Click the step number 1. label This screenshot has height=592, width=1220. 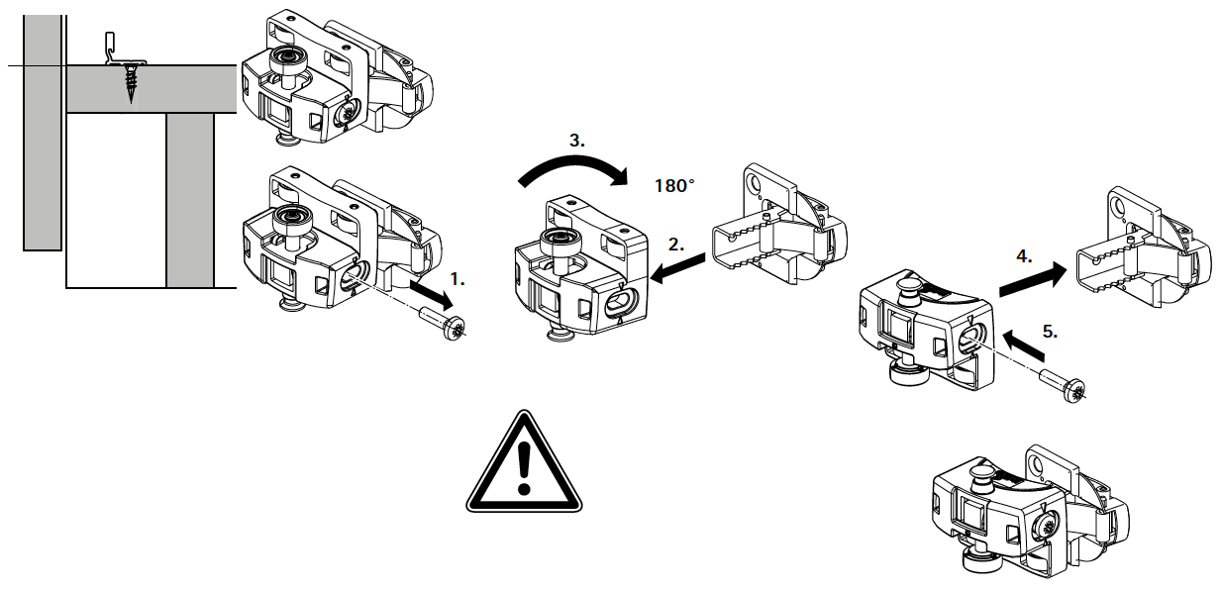pyautogui.click(x=457, y=279)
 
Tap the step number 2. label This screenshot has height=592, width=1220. pyautogui.click(x=676, y=246)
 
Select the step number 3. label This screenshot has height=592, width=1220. pyautogui.click(x=576, y=141)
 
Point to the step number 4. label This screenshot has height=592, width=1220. pyautogui.click(x=1024, y=256)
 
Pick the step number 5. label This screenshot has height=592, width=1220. pyautogui.click(x=1050, y=332)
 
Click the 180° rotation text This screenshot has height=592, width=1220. pyautogui.click(x=674, y=186)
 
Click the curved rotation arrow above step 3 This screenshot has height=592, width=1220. pyautogui.click(x=574, y=165)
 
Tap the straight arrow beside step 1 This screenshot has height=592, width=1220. pyautogui.click(x=432, y=294)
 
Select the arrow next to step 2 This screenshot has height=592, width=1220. pyautogui.click(x=678, y=268)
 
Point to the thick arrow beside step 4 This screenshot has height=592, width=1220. pyautogui.click(x=1033, y=279)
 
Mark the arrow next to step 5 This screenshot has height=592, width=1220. pyautogui.click(x=1023, y=345)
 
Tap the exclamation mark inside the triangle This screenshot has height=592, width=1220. pyautogui.click(x=524, y=468)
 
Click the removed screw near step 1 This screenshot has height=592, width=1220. pyautogui.click(x=444, y=324)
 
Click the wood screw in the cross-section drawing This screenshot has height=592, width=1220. pyautogui.click(x=131, y=82)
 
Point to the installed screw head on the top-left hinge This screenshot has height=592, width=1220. pyautogui.click(x=347, y=115)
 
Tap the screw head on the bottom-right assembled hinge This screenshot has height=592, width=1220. pyautogui.click(x=1044, y=526)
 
